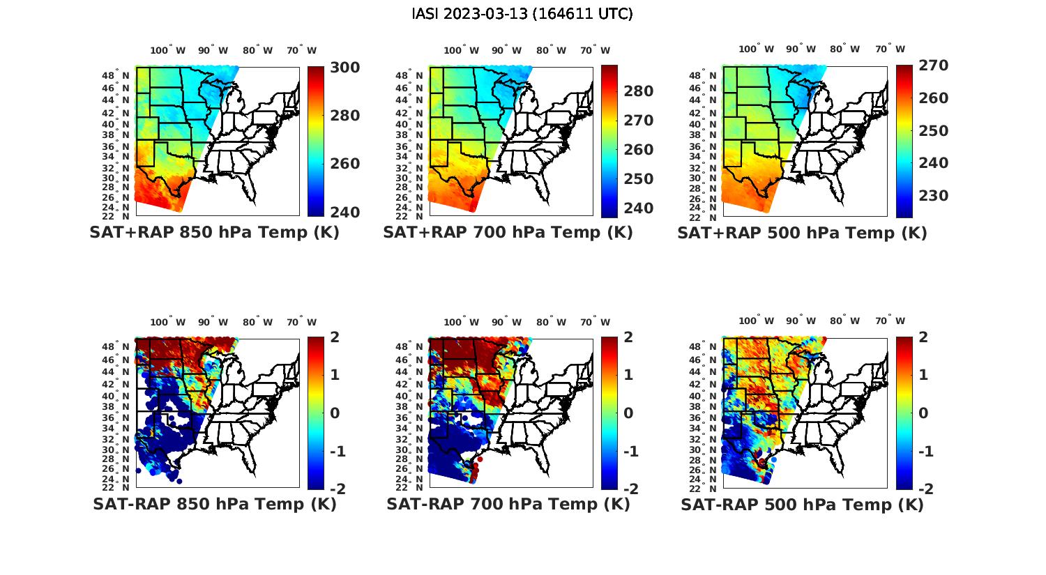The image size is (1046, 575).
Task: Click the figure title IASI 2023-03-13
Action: coord(522,14)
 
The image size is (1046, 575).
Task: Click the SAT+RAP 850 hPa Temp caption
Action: coord(214,233)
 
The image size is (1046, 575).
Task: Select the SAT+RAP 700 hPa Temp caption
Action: coord(508,233)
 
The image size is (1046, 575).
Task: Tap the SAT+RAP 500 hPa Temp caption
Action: coord(802,233)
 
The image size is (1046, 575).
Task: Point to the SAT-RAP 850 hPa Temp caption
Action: coord(214,504)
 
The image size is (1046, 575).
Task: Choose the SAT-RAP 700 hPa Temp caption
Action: coord(508,504)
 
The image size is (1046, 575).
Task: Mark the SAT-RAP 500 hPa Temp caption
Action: coord(802,504)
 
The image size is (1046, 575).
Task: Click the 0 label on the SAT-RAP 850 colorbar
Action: coord(335,413)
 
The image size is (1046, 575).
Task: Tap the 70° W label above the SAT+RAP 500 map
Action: coord(890,49)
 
